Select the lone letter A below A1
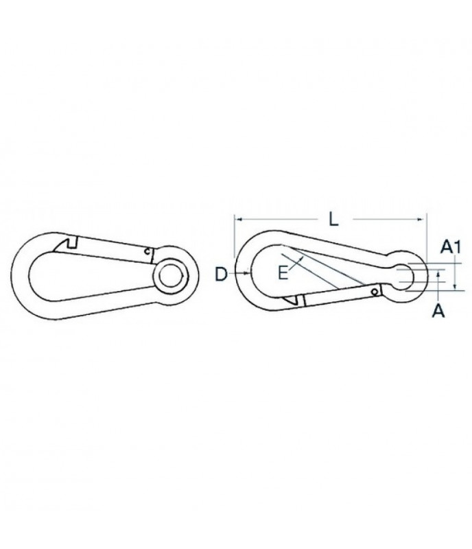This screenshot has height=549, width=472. [x=440, y=311]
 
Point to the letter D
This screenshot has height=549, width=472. [x=220, y=274]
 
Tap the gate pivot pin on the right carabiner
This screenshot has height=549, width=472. [x=373, y=292]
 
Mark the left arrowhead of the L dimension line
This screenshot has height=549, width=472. [x=238, y=220]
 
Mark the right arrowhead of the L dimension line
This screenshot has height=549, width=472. [x=423, y=220]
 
